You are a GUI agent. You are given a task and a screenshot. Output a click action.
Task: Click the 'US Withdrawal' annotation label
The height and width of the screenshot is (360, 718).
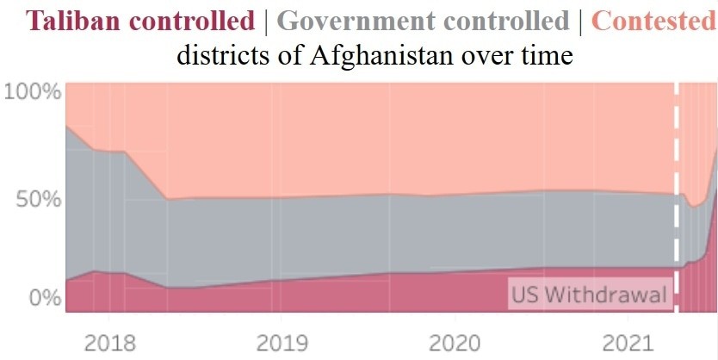click(589, 295)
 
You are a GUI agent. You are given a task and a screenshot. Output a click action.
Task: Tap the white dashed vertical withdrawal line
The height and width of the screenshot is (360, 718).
click(677, 172)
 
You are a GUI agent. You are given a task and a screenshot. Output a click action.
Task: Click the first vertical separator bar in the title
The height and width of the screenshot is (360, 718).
click(268, 20)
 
